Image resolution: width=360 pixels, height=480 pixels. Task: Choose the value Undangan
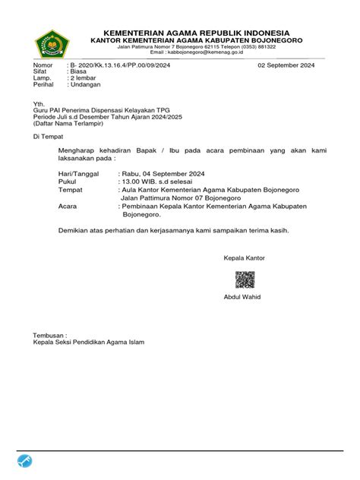pyautogui.click(x=86, y=85)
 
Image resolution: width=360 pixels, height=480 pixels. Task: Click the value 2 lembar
pyautogui.click(x=86, y=79)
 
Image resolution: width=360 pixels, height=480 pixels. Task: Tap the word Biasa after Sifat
pyautogui.click(x=80, y=72)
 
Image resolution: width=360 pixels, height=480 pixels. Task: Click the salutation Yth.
pyautogui.click(x=38, y=103)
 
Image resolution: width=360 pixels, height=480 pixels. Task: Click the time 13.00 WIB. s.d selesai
pyautogui.click(x=156, y=183)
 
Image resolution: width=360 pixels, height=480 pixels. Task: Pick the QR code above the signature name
pyautogui.click(x=244, y=279)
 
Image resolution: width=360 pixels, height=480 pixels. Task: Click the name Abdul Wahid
pyautogui.click(x=242, y=296)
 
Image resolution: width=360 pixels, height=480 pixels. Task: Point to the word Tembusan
pyautogui.click(x=49, y=335)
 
